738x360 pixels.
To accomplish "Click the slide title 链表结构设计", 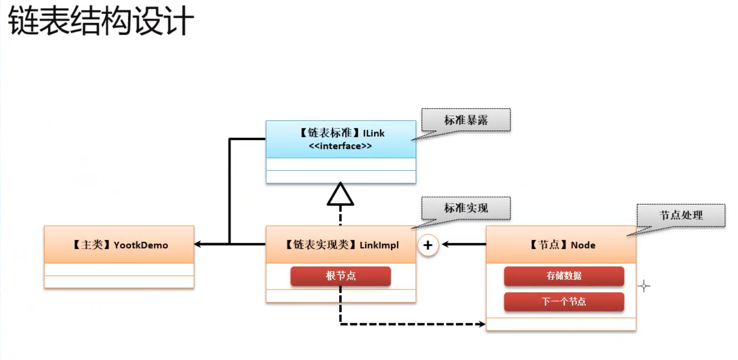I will coord(101,21).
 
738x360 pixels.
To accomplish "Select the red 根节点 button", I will coord(341,276).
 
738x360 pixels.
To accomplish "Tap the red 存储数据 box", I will coord(564,276).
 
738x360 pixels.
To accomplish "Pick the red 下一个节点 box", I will coord(564,301).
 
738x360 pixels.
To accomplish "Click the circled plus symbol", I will coord(428,245).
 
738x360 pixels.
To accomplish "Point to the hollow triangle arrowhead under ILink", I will coord(340,194).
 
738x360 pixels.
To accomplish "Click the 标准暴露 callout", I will coord(466,120).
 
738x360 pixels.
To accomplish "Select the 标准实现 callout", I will coord(466,208).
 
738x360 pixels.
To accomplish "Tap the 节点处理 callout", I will coord(681,215).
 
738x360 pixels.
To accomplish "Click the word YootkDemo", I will coord(141,245).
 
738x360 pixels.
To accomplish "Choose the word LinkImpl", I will coord(379,245).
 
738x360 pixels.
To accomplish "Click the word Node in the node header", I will coord(583,245).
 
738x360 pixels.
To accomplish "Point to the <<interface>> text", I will coord(340,146).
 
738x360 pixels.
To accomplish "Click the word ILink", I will coord(374,133).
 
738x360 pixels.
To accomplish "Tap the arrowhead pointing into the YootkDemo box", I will coord(198,244).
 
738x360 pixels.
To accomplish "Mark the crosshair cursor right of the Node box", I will coord(644,286).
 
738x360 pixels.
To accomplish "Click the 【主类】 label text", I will coord(92,245).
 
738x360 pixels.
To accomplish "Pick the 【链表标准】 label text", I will coord(329,133).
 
